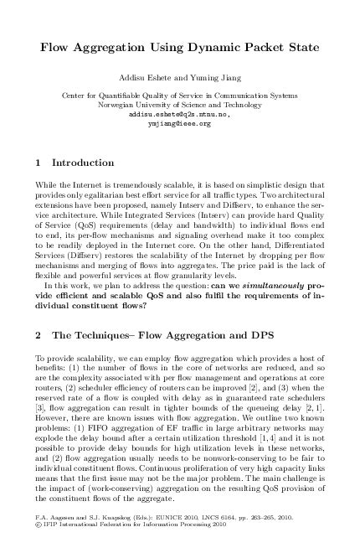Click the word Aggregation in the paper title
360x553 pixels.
122,50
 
